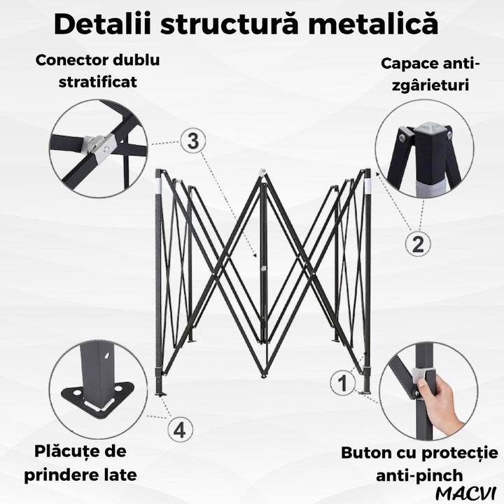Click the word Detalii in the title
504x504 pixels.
coord(102,24)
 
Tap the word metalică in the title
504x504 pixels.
coord(373,24)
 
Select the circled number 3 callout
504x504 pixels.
coord(193,141)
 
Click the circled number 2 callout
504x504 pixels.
coord(417,244)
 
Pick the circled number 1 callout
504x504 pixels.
coord(342,383)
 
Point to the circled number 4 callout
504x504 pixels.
coord(180,429)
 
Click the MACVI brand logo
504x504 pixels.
coord(467,493)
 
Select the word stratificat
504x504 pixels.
coord(98,82)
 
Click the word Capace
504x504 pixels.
coord(407,64)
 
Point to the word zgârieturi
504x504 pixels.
coord(430,85)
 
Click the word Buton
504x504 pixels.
coord(365,453)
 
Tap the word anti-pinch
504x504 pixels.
coord(419,475)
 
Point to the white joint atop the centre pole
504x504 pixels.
coord(264,171)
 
